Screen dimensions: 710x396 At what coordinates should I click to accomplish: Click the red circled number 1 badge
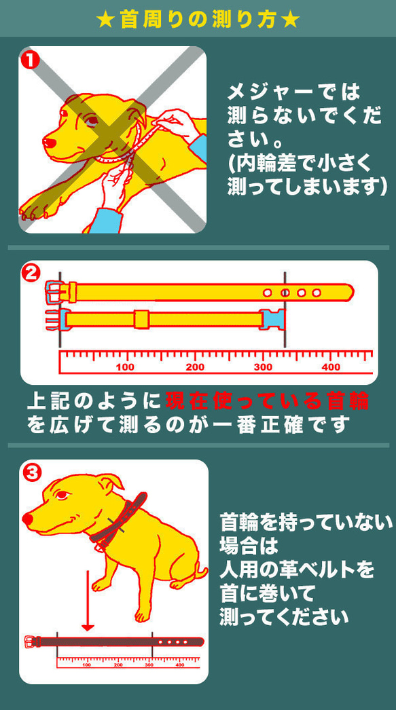coord(29,59)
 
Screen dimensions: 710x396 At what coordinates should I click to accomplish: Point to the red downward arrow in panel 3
coord(87,601)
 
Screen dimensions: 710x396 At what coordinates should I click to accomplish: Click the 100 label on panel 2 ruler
coord(126,367)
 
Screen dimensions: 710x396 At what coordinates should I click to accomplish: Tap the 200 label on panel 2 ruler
coord(195,367)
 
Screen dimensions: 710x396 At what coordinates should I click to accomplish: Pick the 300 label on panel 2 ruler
coord(263,367)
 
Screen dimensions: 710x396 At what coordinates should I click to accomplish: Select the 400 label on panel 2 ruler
coord(331,367)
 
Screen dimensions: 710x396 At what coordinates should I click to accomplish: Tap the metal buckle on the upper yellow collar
coord(54,293)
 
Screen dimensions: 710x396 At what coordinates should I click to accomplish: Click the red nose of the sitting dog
coord(26,519)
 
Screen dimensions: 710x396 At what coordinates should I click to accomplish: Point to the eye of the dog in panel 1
coord(90,121)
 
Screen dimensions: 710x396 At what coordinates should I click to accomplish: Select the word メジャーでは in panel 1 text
coord(293,92)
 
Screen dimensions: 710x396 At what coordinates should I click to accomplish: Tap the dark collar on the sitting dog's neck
coord(119,519)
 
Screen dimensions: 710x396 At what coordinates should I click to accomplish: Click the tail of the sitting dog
coord(200,574)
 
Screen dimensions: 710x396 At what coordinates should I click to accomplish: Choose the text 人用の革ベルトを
coord(297,569)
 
